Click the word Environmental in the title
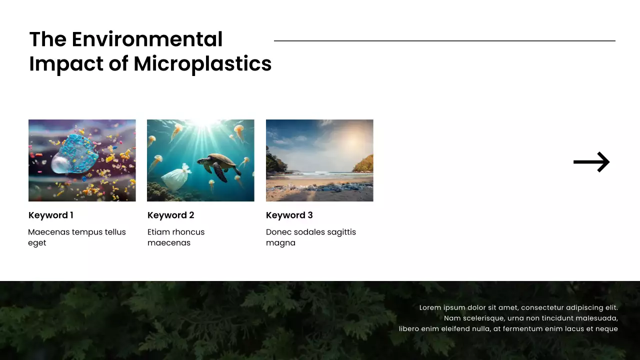[x=147, y=39]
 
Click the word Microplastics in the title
[x=202, y=64]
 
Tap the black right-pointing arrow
[x=591, y=162]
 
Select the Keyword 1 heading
[x=51, y=215]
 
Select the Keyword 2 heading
[x=170, y=215]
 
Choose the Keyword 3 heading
[x=289, y=215]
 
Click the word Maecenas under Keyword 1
[x=48, y=232]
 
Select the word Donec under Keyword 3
[x=278, y=232]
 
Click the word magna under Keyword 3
[x=280, y=243]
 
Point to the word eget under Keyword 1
[x=37, y=243]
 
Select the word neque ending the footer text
[x=606, y=329]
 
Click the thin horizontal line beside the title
[x=444, y=41]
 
